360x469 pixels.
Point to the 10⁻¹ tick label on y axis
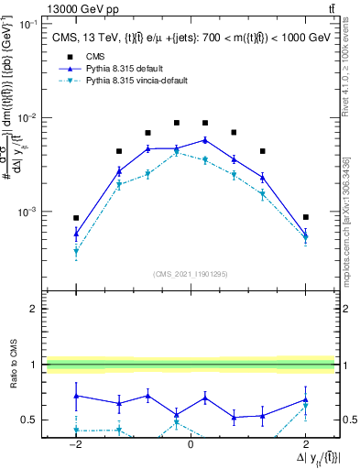point(30,24)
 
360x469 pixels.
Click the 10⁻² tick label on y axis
point(30,118)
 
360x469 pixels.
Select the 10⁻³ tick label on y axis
point(30,212)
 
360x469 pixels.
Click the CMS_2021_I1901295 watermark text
point(190,274)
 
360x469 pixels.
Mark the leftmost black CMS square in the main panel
point(76,218)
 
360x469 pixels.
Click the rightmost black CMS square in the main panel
point(305,217)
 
